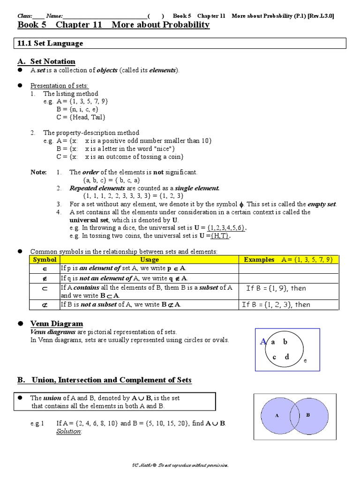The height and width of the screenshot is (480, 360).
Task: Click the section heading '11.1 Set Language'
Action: pos(50,43)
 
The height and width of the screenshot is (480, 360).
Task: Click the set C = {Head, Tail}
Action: pos(81,117)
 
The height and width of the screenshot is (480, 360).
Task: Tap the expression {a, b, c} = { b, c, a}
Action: pos(112,180)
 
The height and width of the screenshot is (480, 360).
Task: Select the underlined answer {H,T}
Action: pos(220,236)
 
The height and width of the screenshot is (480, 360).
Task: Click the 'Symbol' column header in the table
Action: pos(45,260)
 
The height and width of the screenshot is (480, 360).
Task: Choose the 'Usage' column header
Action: pos(150,260)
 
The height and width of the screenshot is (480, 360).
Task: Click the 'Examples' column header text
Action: pos(259,260)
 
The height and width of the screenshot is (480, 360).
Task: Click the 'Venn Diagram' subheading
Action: pos(57,323)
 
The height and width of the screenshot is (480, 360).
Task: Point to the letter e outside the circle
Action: pos(305,361)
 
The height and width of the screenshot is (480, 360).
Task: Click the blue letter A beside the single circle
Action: pos(263,342)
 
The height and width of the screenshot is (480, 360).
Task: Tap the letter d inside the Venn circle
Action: pos(287,357)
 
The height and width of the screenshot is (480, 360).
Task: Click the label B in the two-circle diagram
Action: pos(308,415)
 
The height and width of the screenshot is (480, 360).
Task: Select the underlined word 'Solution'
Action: pos(69,431)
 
